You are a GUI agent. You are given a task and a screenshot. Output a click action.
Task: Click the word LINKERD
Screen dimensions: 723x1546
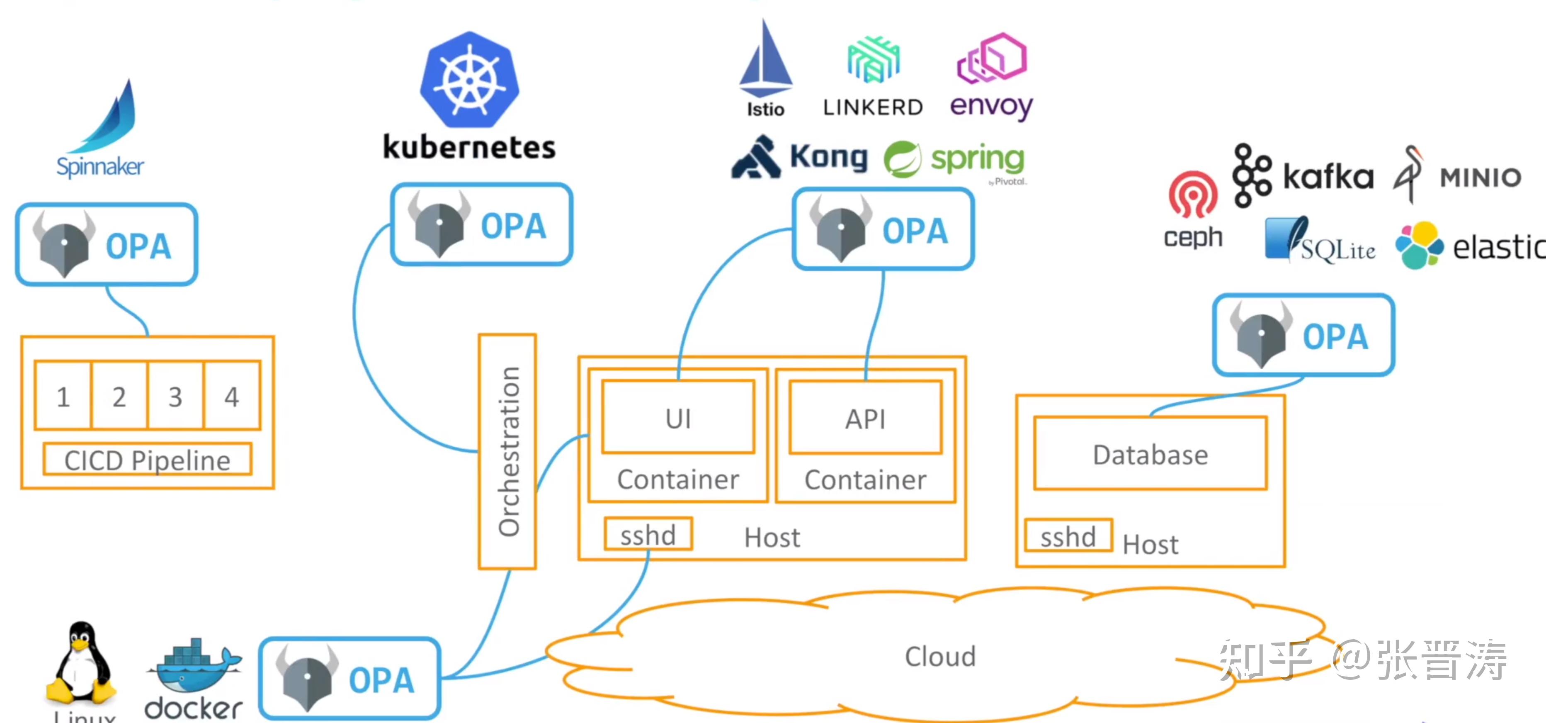coord(873,108)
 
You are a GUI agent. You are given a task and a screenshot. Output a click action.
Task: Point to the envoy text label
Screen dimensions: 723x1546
coord(991,107)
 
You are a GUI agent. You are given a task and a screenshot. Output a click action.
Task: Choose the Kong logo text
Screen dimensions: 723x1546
coord(828,157)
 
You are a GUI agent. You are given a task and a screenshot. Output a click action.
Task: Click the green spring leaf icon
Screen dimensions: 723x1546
coord(902,159)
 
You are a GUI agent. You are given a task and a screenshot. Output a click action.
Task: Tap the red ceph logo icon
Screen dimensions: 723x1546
coord(1192,195)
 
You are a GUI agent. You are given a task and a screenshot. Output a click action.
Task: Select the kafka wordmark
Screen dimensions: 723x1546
coord(1328,177)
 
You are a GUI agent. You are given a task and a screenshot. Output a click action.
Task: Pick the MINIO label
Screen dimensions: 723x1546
coord(1480,178)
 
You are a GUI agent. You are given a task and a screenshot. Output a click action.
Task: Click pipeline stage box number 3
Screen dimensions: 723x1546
coord(175,396)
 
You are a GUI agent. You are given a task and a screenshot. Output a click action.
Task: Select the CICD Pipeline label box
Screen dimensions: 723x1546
coord(148,460)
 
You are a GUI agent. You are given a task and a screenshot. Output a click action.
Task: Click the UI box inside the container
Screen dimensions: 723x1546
coord(678,417)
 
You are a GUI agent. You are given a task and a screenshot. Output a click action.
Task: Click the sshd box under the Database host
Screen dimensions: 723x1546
coord(1068,536)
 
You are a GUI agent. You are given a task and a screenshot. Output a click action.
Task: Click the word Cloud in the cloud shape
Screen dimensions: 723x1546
coord(940,656)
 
